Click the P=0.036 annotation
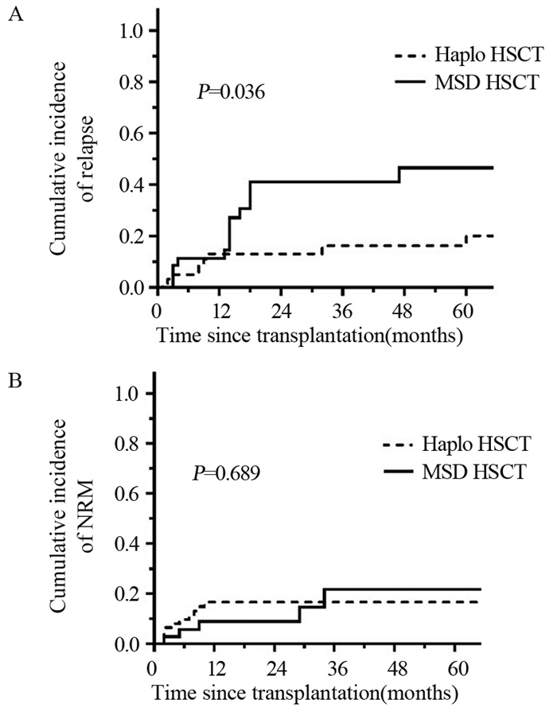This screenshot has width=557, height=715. point(231,94)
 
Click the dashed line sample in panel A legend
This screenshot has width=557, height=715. point(409,57)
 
